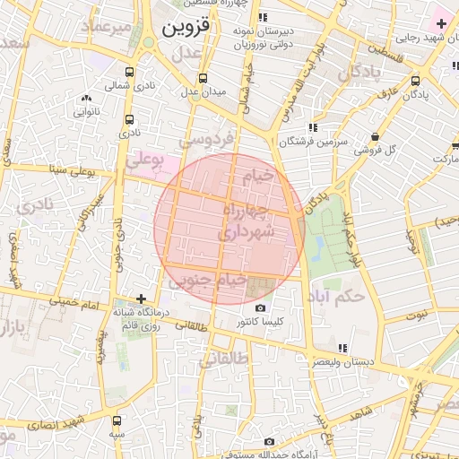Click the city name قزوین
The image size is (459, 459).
point(186,28)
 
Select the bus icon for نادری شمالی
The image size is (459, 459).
point(130,73)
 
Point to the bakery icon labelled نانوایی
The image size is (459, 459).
point(86,99)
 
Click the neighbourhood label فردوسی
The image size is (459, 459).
point(206,139)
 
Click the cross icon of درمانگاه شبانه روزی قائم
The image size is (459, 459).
point(140,299)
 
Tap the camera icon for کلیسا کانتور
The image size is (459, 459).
point(260,307)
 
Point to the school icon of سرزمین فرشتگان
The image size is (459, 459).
point(312,127)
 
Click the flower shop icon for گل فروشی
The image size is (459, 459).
point(375,136)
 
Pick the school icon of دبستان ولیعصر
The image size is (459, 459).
point(342,348)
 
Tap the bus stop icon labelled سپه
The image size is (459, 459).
point(117,420)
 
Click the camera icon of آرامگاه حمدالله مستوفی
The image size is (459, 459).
point(269,441)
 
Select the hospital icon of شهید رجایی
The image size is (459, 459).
point(441,22)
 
